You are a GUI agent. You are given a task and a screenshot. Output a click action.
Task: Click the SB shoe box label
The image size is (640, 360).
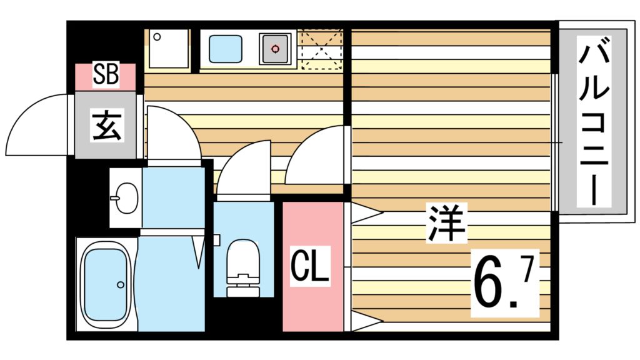pyautogui.click(x=106, y=75)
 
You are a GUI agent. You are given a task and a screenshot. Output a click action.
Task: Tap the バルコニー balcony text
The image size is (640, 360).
pyautogui.click(x=593, y=122)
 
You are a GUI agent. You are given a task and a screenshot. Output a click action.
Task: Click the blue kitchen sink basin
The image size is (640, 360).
pyautogui.click(x=225, y=48)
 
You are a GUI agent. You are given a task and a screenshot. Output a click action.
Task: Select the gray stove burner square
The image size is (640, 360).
pyautogui.click(x=275, y=47)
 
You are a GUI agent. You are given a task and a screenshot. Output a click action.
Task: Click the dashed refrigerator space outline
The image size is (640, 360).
pyautogui.click(x=321, y=48)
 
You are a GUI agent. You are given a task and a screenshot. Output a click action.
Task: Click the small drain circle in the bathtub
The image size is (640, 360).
pyautogui.click(x=121, y=284)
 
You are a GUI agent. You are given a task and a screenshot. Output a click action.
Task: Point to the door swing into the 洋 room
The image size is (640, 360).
pyautogui.click(x=316, y=156)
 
